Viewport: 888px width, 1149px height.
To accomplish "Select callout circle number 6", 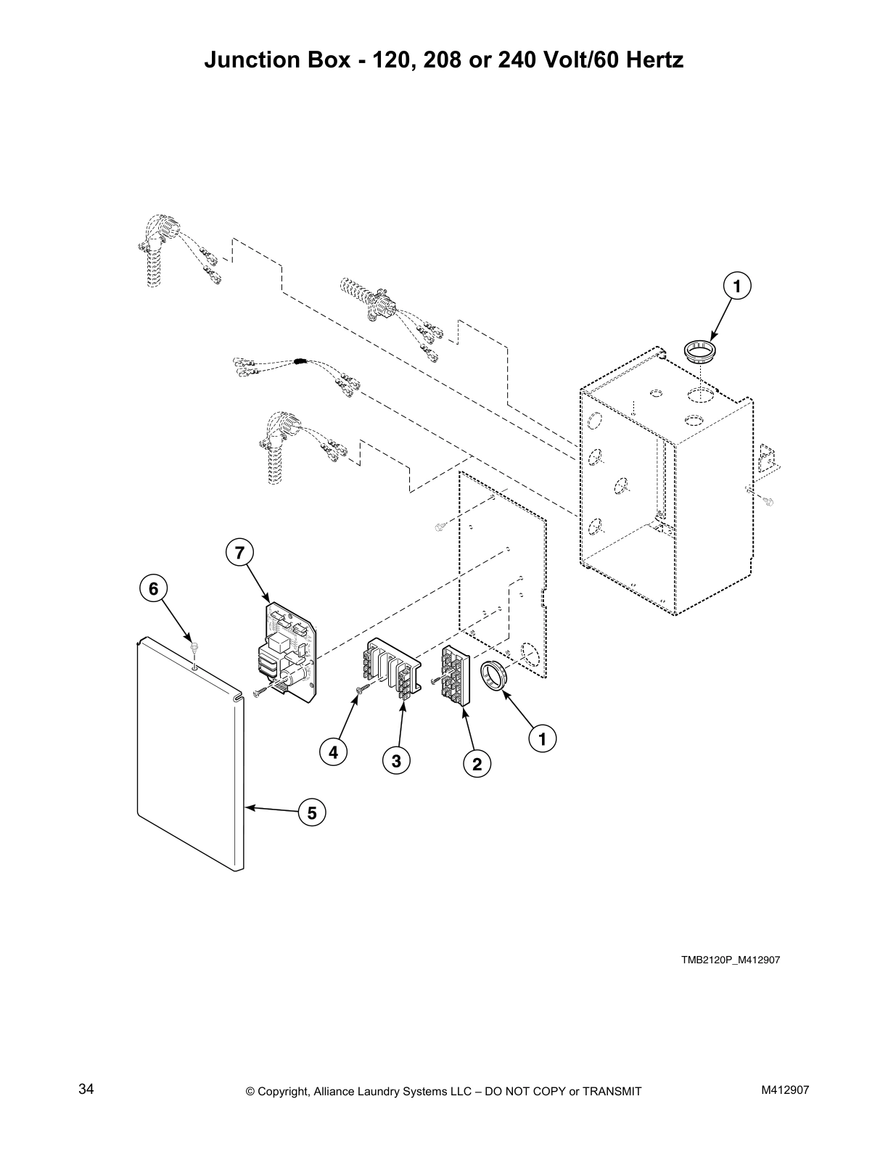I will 153,589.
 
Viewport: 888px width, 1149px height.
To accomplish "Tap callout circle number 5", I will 311,813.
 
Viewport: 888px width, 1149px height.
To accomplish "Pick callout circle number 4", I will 333,752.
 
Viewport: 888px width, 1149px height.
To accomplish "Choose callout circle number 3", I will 396,761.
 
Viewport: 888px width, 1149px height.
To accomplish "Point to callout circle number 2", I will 477,764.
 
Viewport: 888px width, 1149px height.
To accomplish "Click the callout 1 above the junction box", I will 737,287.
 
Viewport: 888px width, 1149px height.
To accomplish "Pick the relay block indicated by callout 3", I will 392,667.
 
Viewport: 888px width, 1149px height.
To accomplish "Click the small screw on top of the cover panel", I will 194,645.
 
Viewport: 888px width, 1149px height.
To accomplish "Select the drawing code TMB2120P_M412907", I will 730,960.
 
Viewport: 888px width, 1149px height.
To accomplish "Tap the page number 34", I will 86,1090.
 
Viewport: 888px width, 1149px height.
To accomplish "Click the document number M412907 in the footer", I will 785,1090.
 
